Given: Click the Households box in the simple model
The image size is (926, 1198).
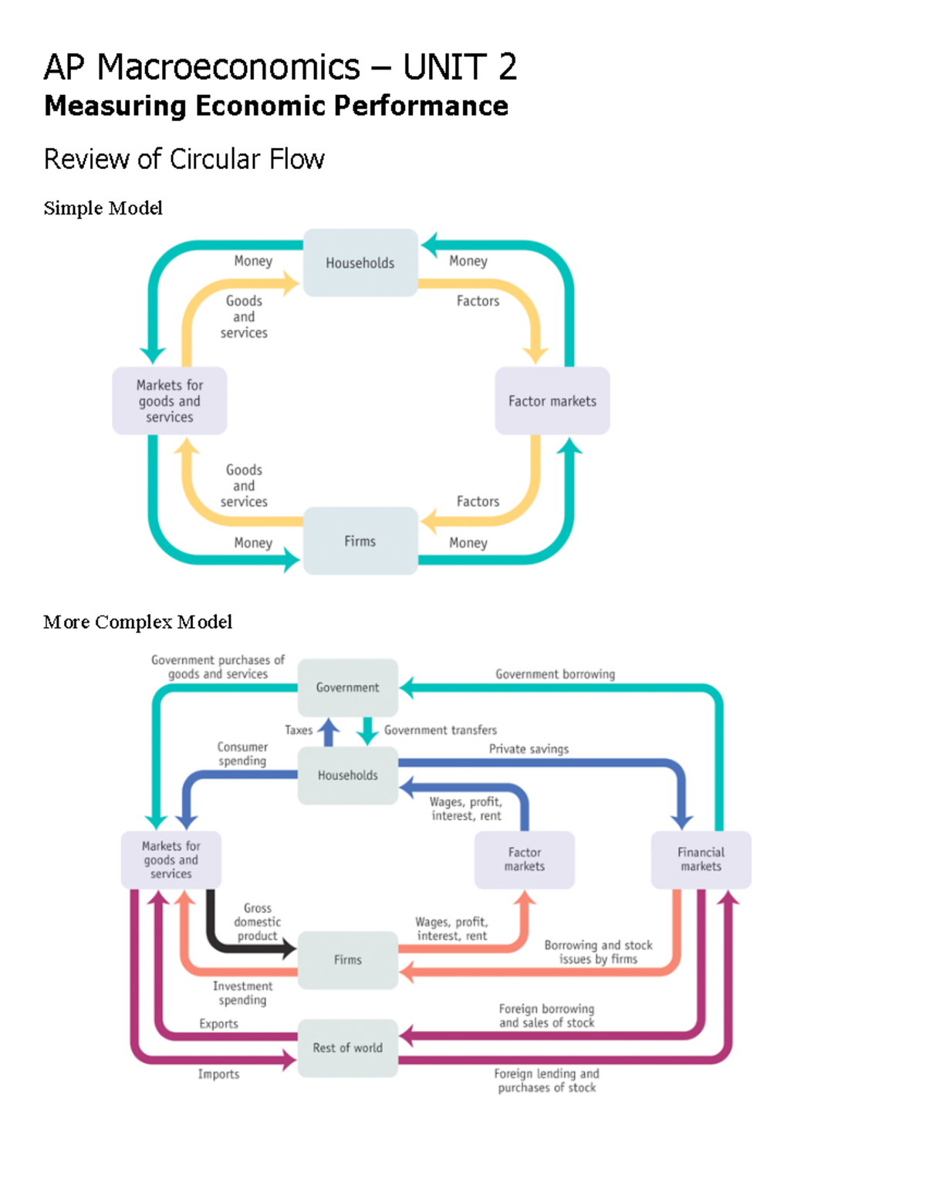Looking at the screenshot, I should (x=360, y=263).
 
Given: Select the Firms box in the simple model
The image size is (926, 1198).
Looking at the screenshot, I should (x=360, y=542).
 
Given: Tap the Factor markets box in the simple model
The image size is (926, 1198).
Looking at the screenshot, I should (x=553, y=401).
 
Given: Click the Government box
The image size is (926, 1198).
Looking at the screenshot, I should (x=347, y=687).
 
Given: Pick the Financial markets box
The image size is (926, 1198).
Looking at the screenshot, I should (x=701, y=859).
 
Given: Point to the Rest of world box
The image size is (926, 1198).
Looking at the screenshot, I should (x=347, y=1048).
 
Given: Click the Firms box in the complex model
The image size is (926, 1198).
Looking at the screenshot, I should (x=347, y=960).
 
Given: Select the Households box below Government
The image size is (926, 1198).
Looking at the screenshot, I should (x=347, y=775).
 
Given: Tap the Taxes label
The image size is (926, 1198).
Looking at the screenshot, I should (x=299, y=730).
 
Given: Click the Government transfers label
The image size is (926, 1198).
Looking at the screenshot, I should (x=441, y=730).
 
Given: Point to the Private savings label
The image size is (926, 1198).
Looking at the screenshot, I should (x=529, y=749).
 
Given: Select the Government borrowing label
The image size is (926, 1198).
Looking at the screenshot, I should (x=555, y=674).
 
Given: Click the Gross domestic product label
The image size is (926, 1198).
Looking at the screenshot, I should (x=258, y=922).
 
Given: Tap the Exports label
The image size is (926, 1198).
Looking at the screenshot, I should (x=218, y=1024).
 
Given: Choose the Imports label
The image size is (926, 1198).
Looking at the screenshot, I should (x=218, y=1074).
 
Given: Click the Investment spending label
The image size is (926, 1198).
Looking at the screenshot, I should (x=242, y=993).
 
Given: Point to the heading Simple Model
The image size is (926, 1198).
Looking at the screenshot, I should (x=103, y=208).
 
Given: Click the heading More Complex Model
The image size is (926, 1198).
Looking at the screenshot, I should (x=137, y=622).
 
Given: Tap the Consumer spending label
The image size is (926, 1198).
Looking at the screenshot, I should (x=242, y=754).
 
